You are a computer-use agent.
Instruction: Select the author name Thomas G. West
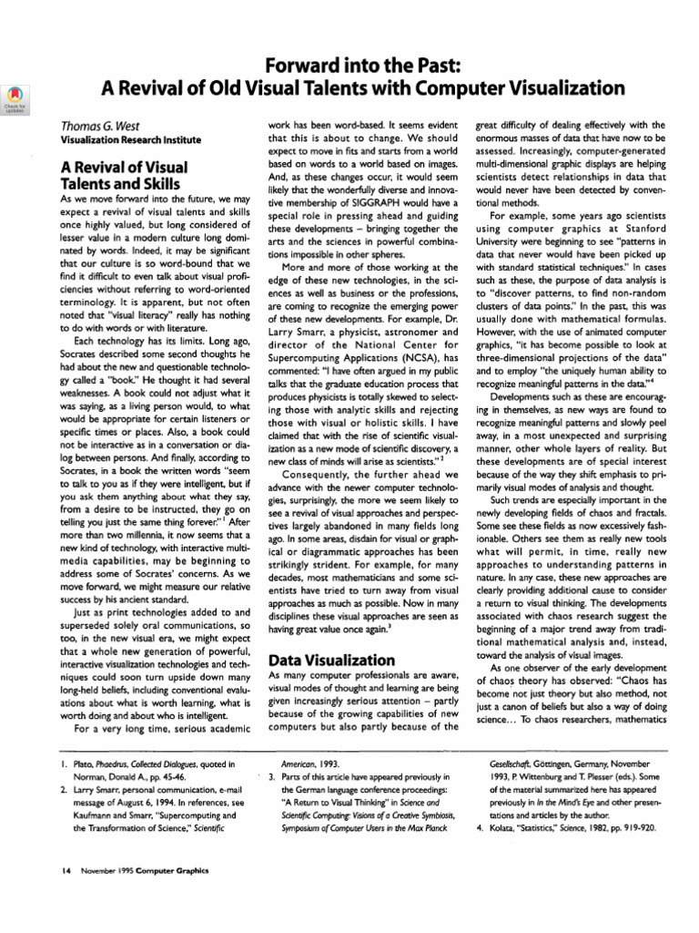point(100,126)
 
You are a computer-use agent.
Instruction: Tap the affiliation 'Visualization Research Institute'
point(131,141)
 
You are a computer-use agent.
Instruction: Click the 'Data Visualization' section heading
point(332,659)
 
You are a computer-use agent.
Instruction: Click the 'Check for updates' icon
point(15,97)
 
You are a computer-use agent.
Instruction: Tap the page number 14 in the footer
point(66,870)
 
